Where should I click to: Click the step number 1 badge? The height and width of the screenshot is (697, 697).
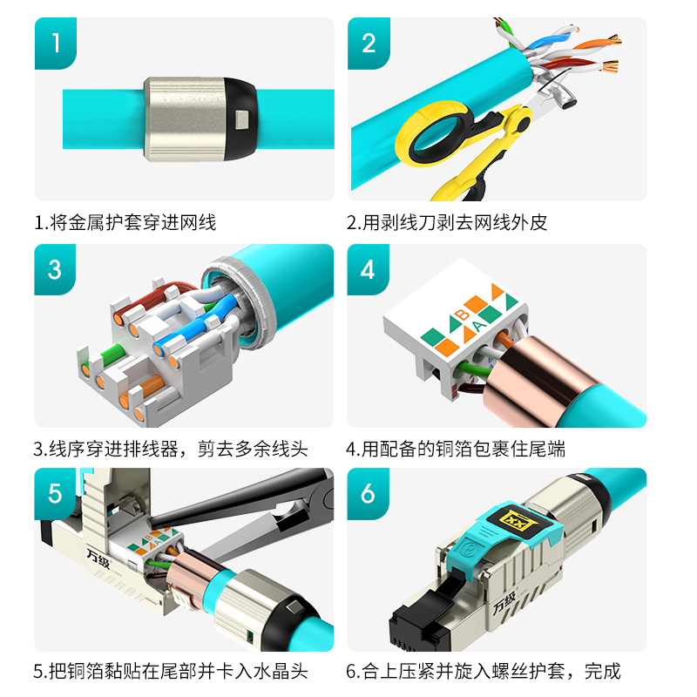56,43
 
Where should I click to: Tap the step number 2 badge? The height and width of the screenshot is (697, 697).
369,43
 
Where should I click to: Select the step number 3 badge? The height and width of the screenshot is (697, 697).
55,269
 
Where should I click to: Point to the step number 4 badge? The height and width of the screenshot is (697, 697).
368,269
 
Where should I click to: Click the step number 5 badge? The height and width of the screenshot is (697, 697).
55,493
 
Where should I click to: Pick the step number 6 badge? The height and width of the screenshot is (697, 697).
368,493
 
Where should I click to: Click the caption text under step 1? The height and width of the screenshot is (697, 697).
125,222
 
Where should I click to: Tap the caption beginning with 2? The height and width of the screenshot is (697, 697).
447,222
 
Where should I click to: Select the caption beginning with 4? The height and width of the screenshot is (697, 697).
456,449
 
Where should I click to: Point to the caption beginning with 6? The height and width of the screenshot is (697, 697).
483,671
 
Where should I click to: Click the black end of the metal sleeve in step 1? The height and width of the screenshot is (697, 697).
240,118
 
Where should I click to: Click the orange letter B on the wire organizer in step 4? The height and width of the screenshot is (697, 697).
463,315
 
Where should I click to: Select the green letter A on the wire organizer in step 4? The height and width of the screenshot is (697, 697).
478,326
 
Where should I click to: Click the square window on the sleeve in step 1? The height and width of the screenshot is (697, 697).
242,119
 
